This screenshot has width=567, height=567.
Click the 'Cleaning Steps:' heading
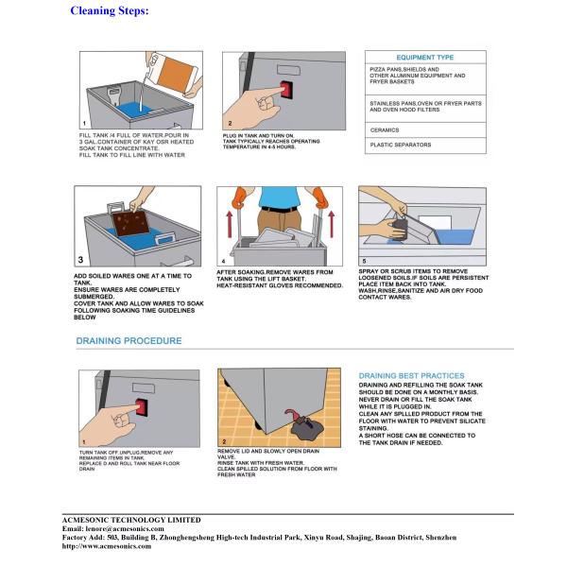pos(109,10)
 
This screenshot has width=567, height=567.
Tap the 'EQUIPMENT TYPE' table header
pos(424,58)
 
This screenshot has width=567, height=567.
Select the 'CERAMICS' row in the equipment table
pos(385,129)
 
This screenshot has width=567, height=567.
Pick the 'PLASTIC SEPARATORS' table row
pos(400,146)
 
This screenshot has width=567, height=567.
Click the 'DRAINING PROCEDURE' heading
pos(129,341)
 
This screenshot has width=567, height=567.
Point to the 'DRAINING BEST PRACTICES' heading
pos(411,376)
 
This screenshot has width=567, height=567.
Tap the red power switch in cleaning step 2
pos(285,90)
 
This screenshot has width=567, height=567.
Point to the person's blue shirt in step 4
pos(280,198)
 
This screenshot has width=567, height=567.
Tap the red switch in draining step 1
pos(142,408)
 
